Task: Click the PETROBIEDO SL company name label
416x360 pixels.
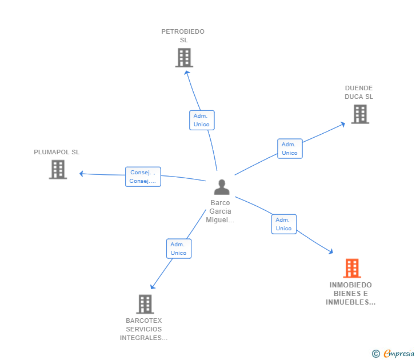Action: click(x=183, y=36)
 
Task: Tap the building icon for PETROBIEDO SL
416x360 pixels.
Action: click(x=184, y=58)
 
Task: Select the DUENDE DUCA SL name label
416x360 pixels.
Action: click(x=359, y=93)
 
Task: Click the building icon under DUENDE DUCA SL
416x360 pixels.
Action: click(x=360, y=114)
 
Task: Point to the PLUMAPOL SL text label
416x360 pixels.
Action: click(x=57, y=152)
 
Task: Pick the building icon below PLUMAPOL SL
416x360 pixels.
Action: click(x=58, y=170)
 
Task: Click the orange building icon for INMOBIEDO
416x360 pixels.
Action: click(x=352, y=268)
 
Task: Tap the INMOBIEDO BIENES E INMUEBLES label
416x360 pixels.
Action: click(x=350, y=293)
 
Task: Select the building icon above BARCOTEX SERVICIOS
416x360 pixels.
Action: click(x=145, y=304)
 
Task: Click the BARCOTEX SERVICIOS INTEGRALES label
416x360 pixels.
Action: click(x=143, y=329)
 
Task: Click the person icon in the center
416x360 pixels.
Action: click(x=222, y=187)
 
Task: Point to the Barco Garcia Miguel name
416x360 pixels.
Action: click(x=220, y=211)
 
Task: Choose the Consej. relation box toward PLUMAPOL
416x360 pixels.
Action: click(x=143, y=177)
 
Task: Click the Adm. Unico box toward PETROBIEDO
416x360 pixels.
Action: click(x=202, y=120)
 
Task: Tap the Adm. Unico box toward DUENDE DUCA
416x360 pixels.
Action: click(x=290, y=149)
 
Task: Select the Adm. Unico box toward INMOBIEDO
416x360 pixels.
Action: click(x=284, y=224)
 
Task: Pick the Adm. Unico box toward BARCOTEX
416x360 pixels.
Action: click(x=179, y=249)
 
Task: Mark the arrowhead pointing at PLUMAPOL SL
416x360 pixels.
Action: click(x=82, y=174)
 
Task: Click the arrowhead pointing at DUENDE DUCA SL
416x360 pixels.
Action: click(x=343, y=124)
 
